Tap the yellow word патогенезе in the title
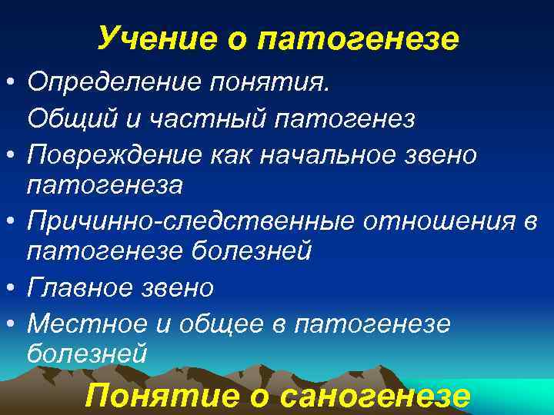point(368,36)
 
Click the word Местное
point(79,324)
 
